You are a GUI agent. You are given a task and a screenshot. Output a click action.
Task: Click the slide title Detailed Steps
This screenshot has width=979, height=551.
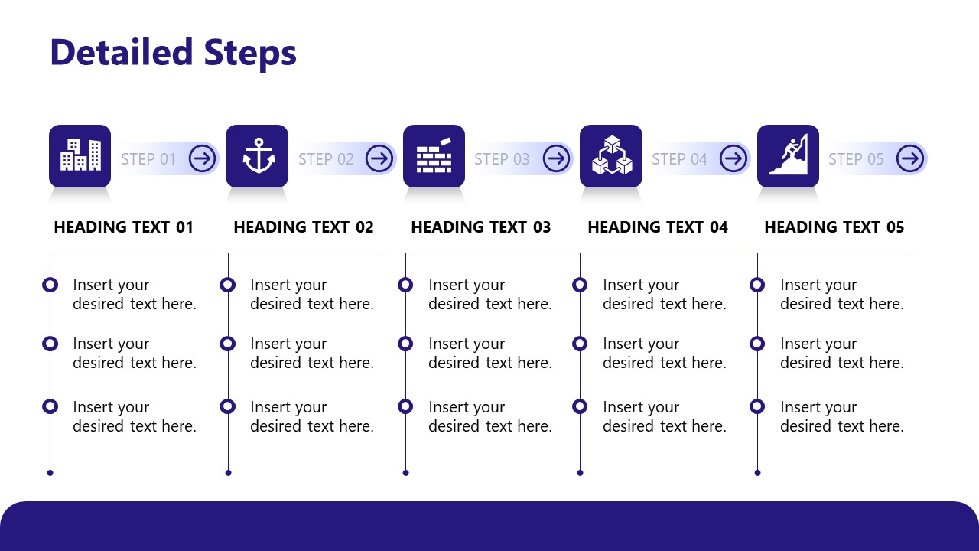[x=173, y=53]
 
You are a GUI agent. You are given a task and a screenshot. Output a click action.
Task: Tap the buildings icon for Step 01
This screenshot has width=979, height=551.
[x=80, y=156]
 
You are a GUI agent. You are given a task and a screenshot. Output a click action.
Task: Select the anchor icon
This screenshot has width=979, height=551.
[x=257, y=156]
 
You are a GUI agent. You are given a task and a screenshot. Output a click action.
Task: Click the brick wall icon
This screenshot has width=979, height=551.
[x=434, y=156]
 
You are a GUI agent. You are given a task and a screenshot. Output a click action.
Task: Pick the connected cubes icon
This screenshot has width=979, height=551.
[x=611, y=156]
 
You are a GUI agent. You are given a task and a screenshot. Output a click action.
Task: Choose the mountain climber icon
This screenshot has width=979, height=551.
[x=788, y=156]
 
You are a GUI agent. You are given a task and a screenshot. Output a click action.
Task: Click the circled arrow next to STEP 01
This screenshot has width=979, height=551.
[x=203, y=158]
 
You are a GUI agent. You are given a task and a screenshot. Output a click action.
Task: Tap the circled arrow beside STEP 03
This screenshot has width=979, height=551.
[x=556, y=158]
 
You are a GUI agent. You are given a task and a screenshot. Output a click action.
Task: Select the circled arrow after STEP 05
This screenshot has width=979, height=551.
[x=910, y=158]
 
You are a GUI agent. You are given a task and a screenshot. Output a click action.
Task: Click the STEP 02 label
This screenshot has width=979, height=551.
[x=326, y=159]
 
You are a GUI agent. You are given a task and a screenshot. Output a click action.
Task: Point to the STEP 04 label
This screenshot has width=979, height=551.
[x=679, y=159]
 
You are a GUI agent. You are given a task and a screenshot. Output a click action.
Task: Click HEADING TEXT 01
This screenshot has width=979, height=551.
[x=124, y=227]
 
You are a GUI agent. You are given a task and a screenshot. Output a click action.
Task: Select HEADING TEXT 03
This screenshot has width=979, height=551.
[x=480, y=227]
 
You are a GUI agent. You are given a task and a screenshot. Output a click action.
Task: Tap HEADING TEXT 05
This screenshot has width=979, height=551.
[x=834, y=227]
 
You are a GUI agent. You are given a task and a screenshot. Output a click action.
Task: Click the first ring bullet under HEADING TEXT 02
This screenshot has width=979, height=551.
[x=227, y=285]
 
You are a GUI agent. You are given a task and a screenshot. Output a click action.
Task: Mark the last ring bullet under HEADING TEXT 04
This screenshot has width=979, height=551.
[x=580, y=406]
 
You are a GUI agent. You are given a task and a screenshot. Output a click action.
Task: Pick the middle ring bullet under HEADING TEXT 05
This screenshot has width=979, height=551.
[x=757, y=344]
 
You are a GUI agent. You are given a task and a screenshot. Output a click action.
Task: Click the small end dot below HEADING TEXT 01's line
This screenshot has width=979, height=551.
[x=50, y=473]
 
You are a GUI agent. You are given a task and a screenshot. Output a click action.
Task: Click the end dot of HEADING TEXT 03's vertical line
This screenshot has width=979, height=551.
[x=405, y=473]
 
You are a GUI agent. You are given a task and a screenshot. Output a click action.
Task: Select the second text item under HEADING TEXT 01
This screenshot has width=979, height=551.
[x=134, y=353]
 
